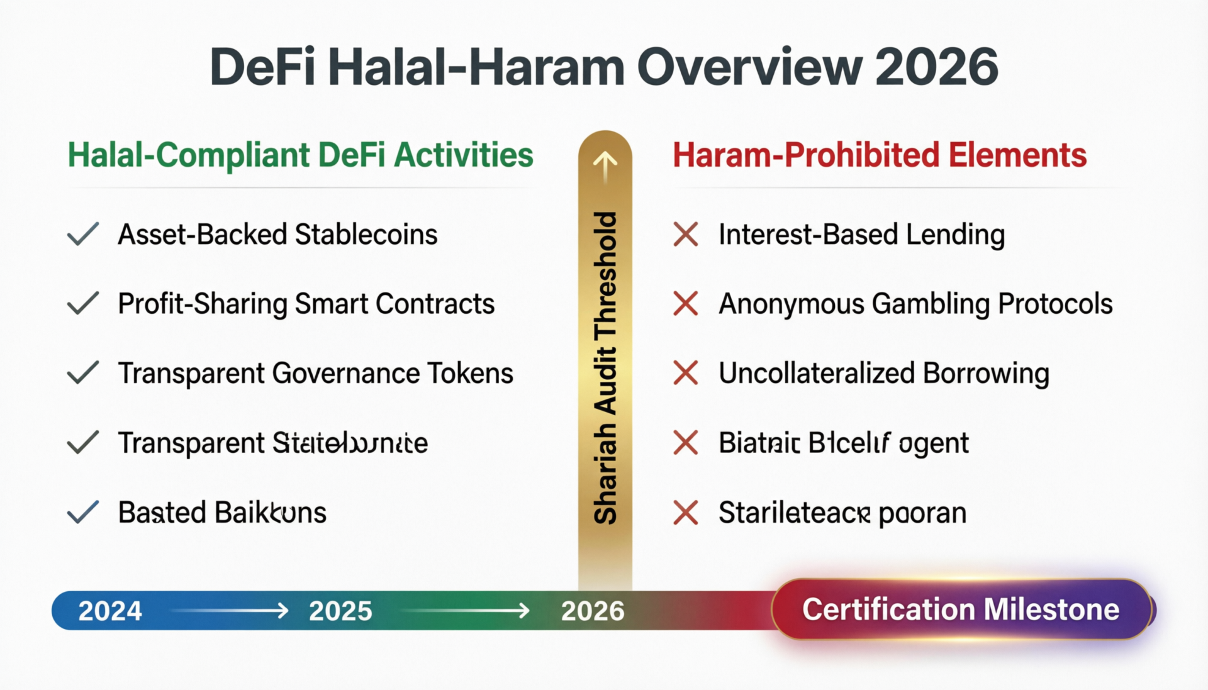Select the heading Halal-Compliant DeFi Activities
point(300,155)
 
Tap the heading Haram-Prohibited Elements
point(880,155)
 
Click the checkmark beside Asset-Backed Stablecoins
point(82,234)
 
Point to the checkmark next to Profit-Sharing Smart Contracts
point(82,303)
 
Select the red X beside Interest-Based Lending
point(685,235)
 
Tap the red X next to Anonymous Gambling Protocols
point(685,304)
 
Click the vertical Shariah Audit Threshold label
point(605,368)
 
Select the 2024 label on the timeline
point(110,611)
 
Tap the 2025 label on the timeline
point(340,611)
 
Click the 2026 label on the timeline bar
point(593,611)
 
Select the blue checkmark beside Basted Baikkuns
point(82,512)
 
